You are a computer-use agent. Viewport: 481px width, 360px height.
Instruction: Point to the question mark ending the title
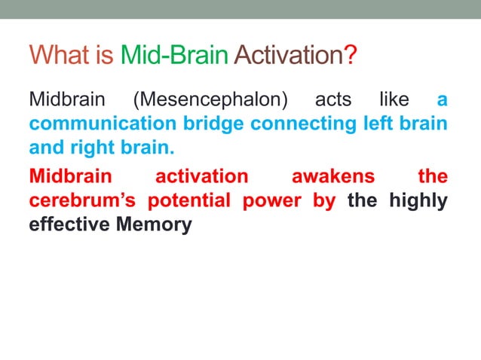click(x=351, y=56)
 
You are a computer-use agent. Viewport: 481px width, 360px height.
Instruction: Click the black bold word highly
click(x=418, y=200)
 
